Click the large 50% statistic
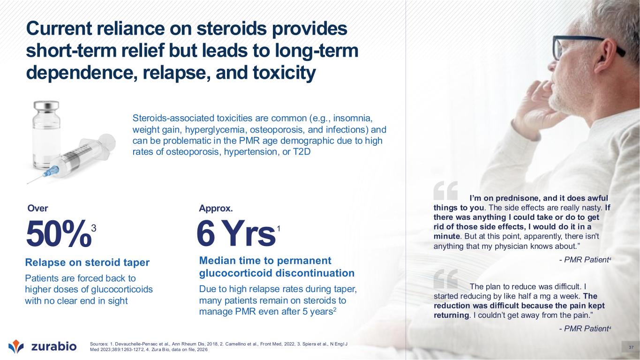coord(59,233)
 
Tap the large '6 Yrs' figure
coord(236,233)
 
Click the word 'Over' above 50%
coord(38,208)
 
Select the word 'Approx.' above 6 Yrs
coord(216,208)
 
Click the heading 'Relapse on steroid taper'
coord(87,262)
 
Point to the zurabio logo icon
coord(16,346)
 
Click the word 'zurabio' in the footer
coord(54,346)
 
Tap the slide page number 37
coord(631,348)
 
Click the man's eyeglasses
coord(583,47)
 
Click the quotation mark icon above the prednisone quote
coord(445,191)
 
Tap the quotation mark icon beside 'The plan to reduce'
coord(445,279)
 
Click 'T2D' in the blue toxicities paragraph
coord(302,152)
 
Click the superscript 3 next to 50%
coord(93,228)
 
